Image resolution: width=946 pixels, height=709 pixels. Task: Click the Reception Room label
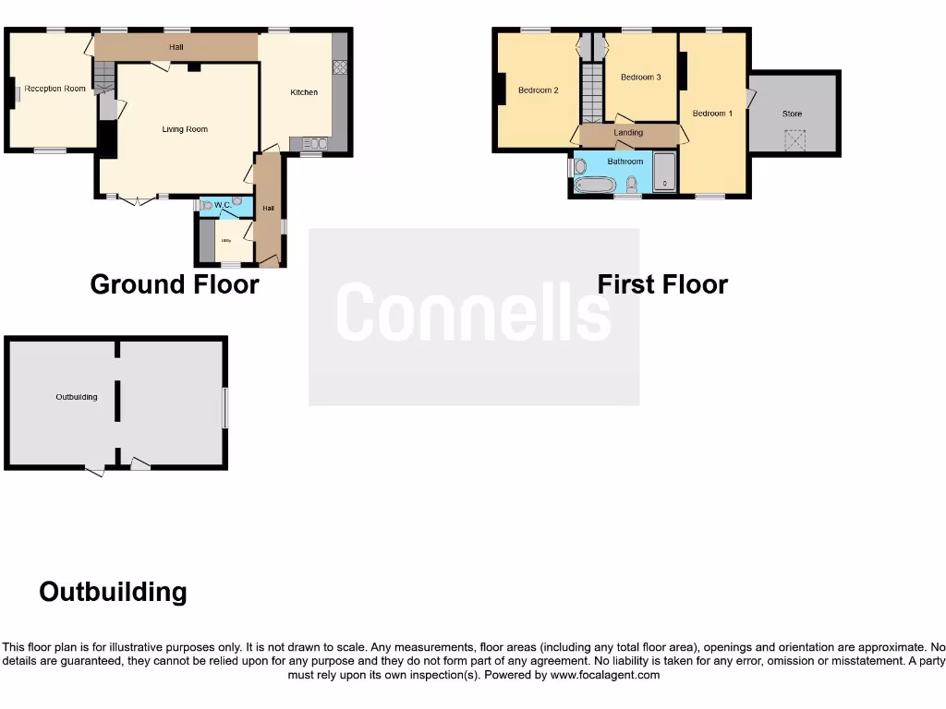(x=55, y=89)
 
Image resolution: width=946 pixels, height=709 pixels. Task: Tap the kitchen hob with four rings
(x=338, y=67)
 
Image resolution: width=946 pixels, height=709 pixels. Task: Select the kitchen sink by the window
(x=314, y=143)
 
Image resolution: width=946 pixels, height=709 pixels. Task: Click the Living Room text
(x=185, y=129)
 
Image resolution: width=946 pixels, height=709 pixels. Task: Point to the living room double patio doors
(x=135, y=198)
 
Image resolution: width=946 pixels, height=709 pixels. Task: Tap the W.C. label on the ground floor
(x=223, y=204)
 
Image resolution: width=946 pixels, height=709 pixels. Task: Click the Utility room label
(x=225, y=240)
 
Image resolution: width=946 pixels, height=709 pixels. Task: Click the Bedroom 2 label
(x=538, y=90)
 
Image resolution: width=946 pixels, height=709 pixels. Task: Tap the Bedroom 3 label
(x=640, y=78)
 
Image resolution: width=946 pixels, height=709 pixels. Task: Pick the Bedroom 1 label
(x=712, y=114)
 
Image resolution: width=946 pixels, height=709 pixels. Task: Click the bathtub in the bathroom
(x=595, y=185)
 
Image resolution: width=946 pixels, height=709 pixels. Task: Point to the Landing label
(x=628, y=133)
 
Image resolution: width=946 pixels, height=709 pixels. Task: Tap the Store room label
(x=792, y=114)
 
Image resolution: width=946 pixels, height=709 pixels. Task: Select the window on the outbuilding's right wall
(x=224, y=406)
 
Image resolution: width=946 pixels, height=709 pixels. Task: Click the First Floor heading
(x=662, y=284)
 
